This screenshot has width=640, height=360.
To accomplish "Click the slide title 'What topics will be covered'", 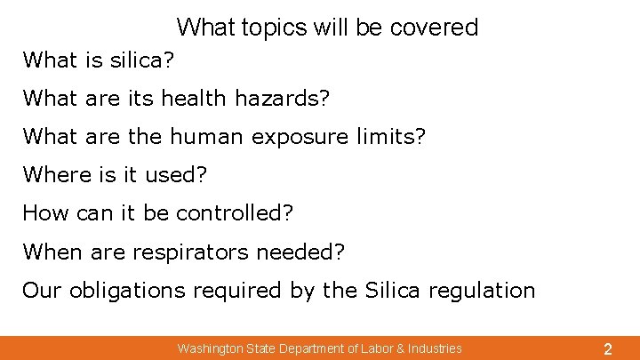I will (x=327, y=28).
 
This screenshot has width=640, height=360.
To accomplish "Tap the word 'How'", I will (x=41, y=213).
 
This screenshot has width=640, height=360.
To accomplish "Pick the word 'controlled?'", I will (x=235, y=213).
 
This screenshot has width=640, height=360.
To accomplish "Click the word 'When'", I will (x=51, y=252).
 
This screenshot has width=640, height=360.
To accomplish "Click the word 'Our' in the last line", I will (x=41, y=290).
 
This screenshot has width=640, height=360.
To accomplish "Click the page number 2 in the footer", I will (x=607, y=349).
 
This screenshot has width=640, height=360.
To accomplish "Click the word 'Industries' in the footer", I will (x=433, y=348).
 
